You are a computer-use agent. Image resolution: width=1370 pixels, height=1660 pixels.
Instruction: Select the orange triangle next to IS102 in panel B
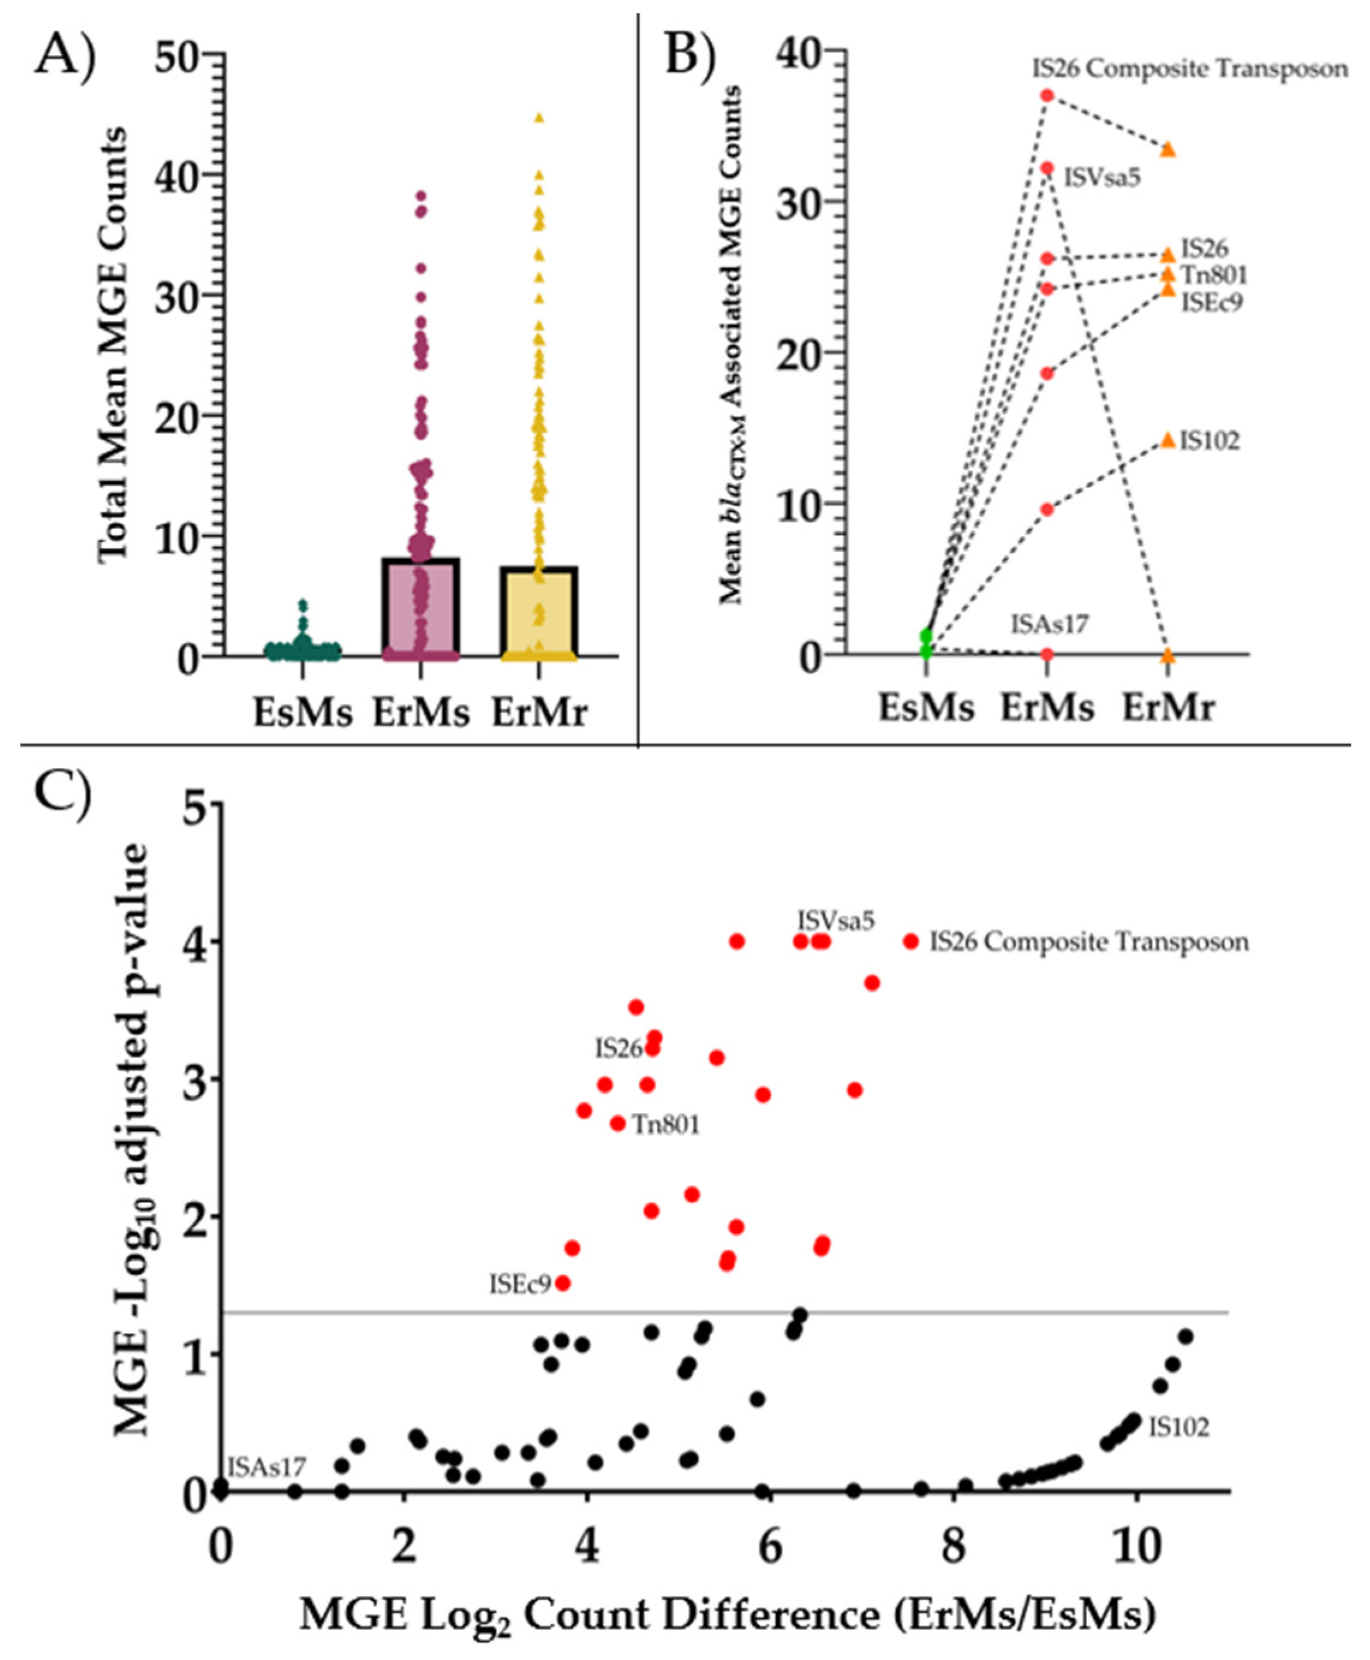pos(1168,439)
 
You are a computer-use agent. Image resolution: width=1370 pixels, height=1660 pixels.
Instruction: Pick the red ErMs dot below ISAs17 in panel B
pos(1047,654)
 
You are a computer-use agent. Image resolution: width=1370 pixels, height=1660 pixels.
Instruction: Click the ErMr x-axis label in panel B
pos(1168,708)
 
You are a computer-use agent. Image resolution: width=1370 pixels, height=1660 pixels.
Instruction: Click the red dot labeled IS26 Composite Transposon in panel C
pos(911,941)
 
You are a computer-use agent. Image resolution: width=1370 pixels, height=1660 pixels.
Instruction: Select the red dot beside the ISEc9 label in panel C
pos(563,1284)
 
